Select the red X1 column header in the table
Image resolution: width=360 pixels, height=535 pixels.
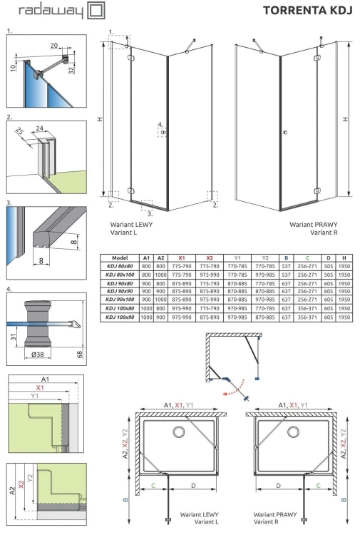(181, 258)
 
